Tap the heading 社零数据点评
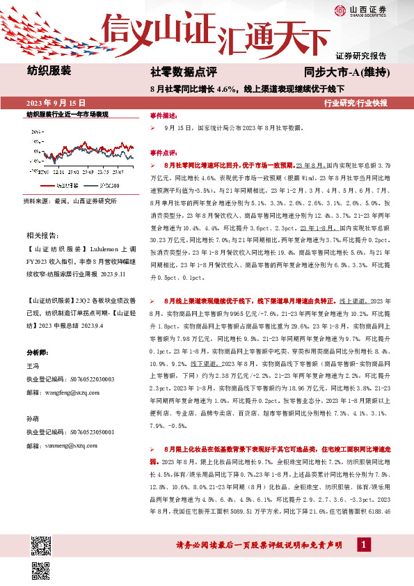click(184, 72)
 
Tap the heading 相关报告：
click(42, 236)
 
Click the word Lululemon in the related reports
click(102, 248)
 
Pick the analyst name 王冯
click(33, 365)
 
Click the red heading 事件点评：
click(164, 151)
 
